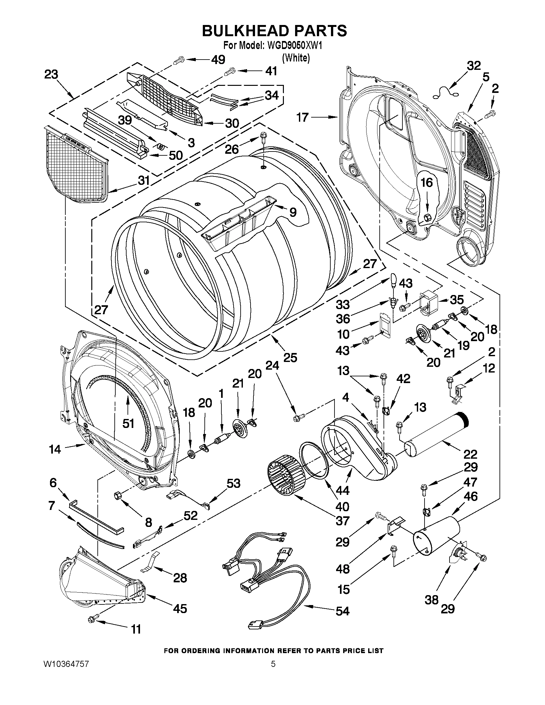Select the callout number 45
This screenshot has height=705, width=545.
[180, 609]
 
